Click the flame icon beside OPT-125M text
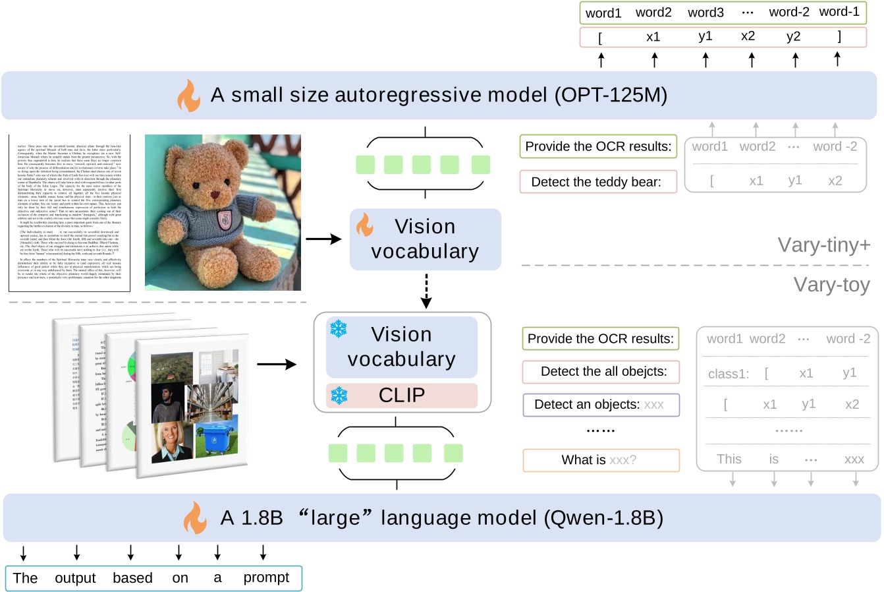pyautogui.click(x=188, y=96)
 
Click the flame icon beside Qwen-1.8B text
pyautogui.click(x=195, y=518)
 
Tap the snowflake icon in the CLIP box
pyautogui.click(x=339, y=395)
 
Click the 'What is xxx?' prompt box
pyautogui.click(x=601, y=460)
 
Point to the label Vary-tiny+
pyautogui.click(x=823, y=245)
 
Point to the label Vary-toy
pyautogui.click(x=831, y=285)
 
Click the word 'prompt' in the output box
pyautogui.click(x=266, y=578)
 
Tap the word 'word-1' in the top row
pyautogui.click(x=839, y=12)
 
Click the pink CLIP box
pyautogui.click(x=402, y=396)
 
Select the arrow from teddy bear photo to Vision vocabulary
pyautogui.click(x=323, y=239)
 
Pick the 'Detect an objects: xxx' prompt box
pyautogui.click(x=601, y=405)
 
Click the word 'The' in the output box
pyautogui.click(x=25, y=578)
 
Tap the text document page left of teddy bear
pyautogui.click(x=69, y=212)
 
